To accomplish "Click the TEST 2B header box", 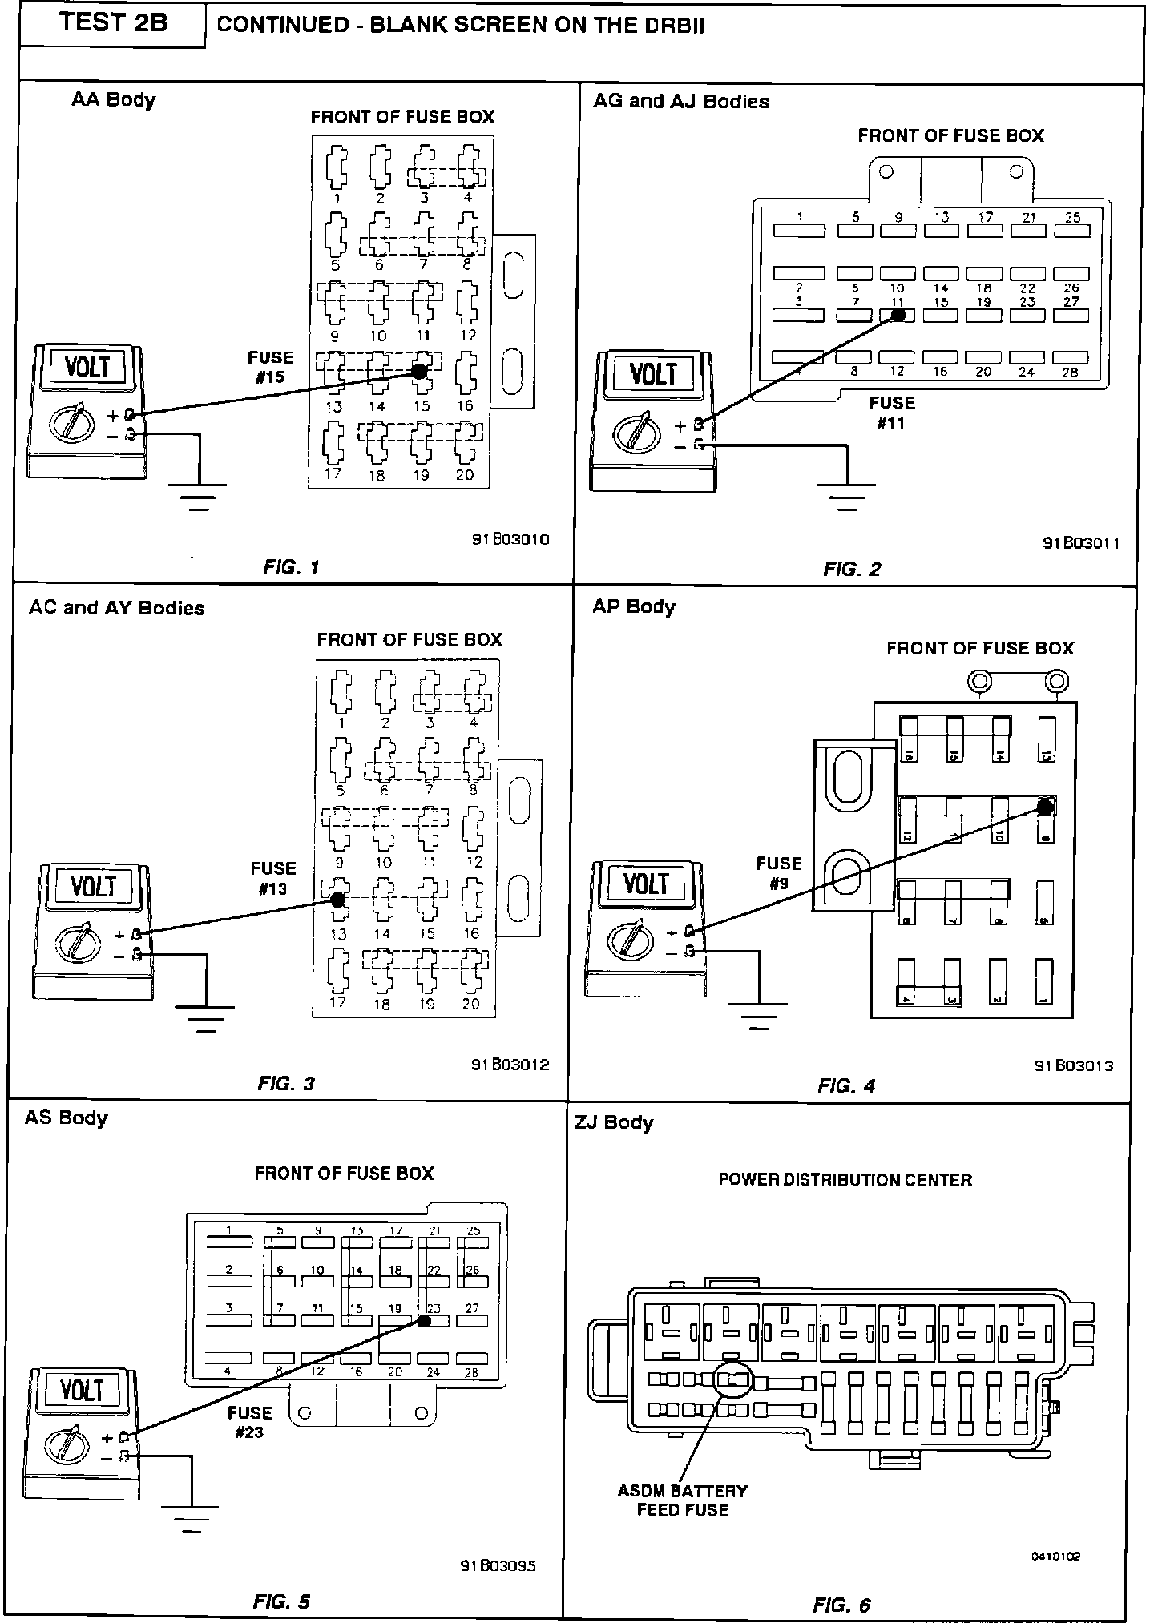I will pyautogui.click(x=112, y=23).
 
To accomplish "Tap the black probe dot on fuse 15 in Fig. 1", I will pyautogui.click(x=419, y=372).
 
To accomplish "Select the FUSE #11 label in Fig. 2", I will pyautogui.click(x=891, y=413).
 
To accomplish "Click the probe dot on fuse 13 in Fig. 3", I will pyautogui.click(x=337, y=900).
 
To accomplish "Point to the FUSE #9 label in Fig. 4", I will pyautogui.click(x=779, y=873).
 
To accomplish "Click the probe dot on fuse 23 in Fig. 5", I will pyautogui.click(x=425, y=1320).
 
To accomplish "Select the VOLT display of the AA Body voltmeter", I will pyautogui.click(x=87, y=367).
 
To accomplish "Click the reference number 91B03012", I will pyautogui.click(x=510, y=1065).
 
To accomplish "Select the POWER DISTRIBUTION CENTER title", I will pyautogui.click(x=845, y=1180).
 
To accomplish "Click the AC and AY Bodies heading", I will pyautogui.click(x=117, y=608).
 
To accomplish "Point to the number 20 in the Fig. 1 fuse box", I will pyautogui.click(x=465, y=474).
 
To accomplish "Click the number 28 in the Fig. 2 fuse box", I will pyautogui.click(x=1071, y=372).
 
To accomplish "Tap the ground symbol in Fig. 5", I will pyautogui.click(x=192, y=1517).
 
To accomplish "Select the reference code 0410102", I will pyautogui.click(x=1056, y=1556).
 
